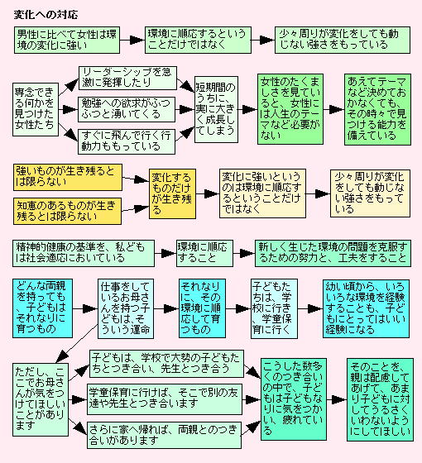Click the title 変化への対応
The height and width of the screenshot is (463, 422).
tap(46, 15)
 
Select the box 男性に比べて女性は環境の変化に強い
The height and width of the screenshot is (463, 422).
tap(67, 40)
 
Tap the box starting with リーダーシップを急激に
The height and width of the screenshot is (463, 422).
tap(127, 78)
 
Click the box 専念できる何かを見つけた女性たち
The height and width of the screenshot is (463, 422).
tap(36, 109)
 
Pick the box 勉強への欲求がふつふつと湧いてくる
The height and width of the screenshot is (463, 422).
tap(127, 109)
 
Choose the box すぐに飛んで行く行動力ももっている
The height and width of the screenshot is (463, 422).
tap(127, 141)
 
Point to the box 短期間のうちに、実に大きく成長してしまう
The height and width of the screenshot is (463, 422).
tap(216, 109)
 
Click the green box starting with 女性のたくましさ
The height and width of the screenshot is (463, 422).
tap(290, 109)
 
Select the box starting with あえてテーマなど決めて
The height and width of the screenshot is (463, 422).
tap(377, 109)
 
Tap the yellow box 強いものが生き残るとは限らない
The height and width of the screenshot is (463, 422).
tap(68, 177)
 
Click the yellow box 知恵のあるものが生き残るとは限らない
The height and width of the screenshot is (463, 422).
tap(67, 211)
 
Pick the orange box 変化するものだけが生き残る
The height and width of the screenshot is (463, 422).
tap(172, 194)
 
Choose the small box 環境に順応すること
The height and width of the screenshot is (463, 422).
tap(204, 253)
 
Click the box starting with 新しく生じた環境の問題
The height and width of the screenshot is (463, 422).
tap(333, 253)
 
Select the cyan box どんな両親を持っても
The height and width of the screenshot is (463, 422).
tap(42, 308)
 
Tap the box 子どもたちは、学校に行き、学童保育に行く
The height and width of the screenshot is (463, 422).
tap(274, 308)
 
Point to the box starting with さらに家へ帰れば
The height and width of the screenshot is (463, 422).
tap(164, 435)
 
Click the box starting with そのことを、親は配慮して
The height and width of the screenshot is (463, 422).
tap(380, 400)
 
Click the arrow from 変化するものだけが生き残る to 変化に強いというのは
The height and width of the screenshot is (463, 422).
tap(208, 194)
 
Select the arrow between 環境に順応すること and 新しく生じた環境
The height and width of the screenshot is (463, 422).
tap(244, 253)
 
